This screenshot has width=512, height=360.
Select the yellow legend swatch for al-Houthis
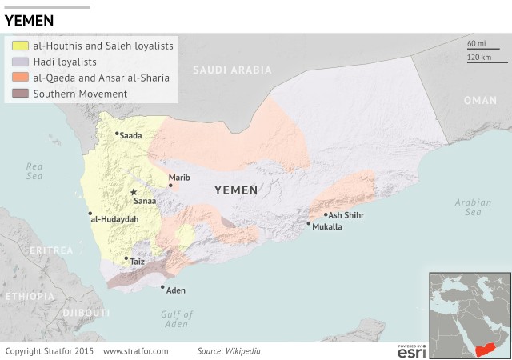click(20, 46)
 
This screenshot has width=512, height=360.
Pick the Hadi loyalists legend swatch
click(20, 62)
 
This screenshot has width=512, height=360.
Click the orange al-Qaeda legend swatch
click(20, 78)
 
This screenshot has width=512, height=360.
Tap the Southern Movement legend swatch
click(20, 94)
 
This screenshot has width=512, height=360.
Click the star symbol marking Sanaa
click(134, 192)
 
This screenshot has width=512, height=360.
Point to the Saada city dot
click(117, 134)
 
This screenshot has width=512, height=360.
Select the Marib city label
click(179, 177)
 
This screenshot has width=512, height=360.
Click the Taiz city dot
click(126, 258)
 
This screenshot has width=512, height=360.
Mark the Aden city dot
click(162, 287)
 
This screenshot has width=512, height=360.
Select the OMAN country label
click(480, 100)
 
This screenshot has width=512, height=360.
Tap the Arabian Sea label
click(473, 207)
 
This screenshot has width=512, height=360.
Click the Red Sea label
click(34, 170)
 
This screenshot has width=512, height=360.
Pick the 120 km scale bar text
click(478, 58)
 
